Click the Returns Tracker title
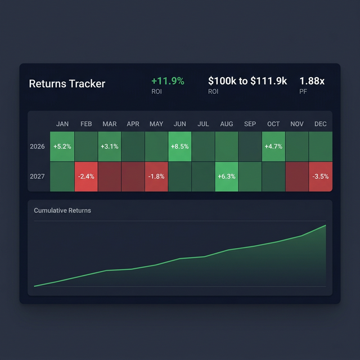click(67, 84)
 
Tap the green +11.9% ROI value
click(168, 81)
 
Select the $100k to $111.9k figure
click(247, 81)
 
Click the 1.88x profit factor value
click(312, 81)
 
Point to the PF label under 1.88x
click(303, 91)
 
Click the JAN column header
click(62, 124)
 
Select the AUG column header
click(227, 124)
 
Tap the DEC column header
click(321, 124)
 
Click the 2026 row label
click(37, 146)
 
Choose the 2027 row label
click(37, 176)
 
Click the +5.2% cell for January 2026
click(62, 146)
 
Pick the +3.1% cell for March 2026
click(109, 146)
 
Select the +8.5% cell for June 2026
click(180, 146)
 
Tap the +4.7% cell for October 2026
click(273, 146)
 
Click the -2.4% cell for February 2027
click(85, 176)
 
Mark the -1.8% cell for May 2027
click(156, 176)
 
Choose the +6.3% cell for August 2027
click(227, 176)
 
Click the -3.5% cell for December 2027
click(321, 176)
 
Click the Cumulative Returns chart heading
click(62, 210)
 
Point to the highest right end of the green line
click(325, 226)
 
